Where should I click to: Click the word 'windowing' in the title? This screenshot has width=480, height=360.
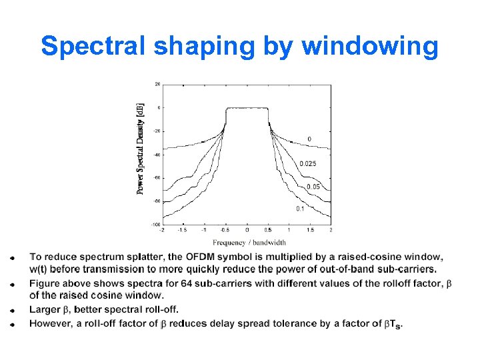pyautogui.click(x=370, y=47)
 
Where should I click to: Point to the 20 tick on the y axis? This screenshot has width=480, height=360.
pyautogui.click(x=157, y=84)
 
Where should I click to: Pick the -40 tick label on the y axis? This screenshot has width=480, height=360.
pyautogui.click(x=157, y=155)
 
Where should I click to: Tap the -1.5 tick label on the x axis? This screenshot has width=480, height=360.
pyautogui.click(x=183, y=230)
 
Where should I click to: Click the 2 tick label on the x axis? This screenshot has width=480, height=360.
pyautogui.click(x=331, y=230)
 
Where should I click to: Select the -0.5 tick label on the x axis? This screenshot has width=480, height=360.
pyautogui.click(x=225, y=230)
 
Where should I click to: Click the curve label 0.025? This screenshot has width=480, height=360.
pyautogui.click(x=308, y=164)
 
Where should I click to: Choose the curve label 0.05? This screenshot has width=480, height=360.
pyautogui.click(x=313, y=187)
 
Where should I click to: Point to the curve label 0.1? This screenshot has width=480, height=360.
pyautogui.click(x=301, y=209)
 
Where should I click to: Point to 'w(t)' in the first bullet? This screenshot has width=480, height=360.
pyautogui.click(x=41, y=269)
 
